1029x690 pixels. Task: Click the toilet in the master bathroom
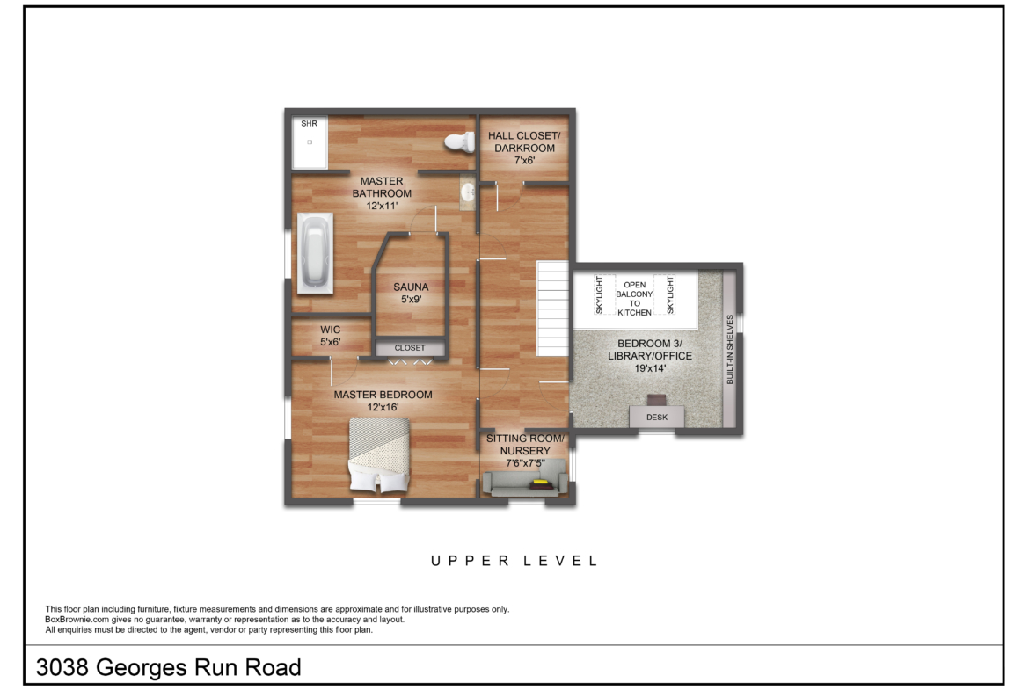tap(460, 142)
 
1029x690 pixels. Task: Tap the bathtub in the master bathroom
tap(316, 252)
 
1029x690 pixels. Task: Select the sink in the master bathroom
tap(468, 192)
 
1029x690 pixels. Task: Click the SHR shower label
tap(309, 123)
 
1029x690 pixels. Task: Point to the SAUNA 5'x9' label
tap(411, 294)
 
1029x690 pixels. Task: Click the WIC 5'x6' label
tap(330, 336)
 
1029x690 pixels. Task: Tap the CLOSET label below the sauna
tap(410, 347)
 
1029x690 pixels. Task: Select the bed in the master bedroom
tap(379, 455)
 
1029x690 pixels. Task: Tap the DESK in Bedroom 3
tap(657, 418)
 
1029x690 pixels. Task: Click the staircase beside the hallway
tap(552, 309)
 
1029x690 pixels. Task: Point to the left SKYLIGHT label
tap(599, 294)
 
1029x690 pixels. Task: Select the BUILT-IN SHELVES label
tap(730, 350)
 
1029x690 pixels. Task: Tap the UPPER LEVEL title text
tap(514, 561)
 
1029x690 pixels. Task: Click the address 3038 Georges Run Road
tap(169, 668)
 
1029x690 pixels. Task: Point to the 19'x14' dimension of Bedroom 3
tap(650, 368)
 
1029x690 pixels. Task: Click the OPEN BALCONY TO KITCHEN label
tap(635, 299)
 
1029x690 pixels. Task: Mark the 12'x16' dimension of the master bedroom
tap(383, 407)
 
